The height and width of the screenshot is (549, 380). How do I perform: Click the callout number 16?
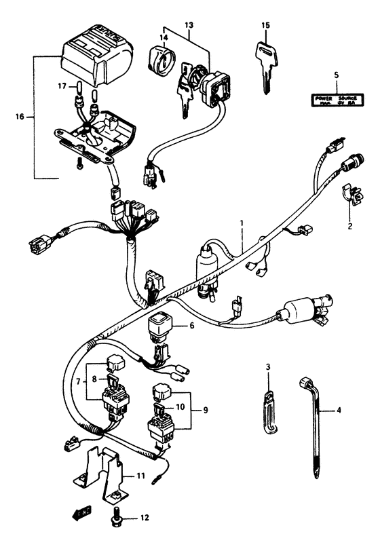click(18, 117)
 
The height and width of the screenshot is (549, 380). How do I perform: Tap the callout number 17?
click(62, 87)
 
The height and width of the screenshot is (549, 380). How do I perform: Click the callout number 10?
click(180, 407)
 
